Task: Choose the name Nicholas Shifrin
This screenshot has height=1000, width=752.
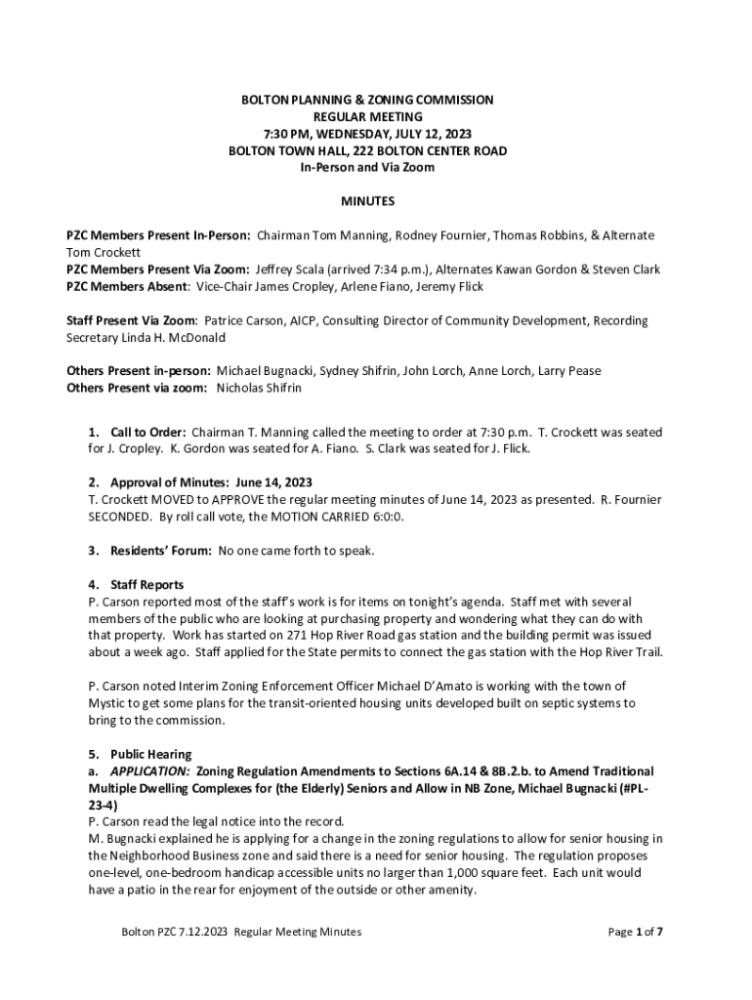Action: click(x=259, y=388)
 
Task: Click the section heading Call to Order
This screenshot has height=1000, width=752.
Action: click(x=147, y=432)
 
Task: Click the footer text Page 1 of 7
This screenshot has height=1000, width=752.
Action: click(x=636, y=932)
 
